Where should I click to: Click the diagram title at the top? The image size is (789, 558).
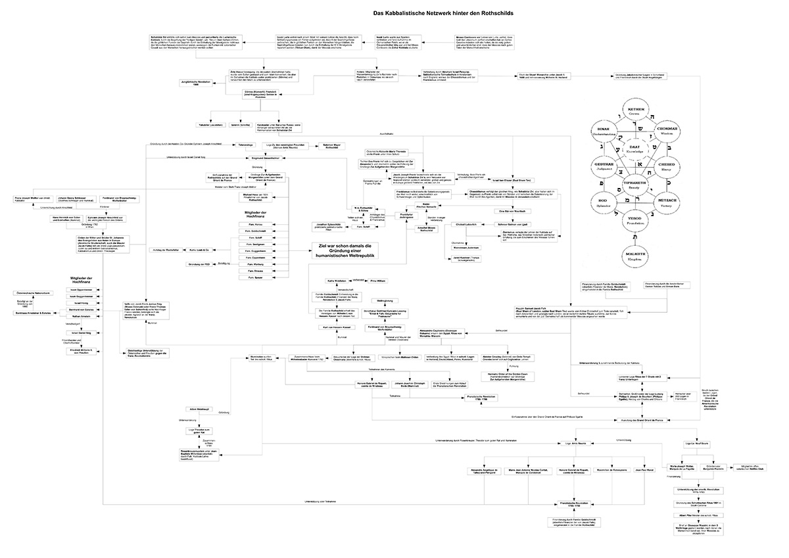[444, 12]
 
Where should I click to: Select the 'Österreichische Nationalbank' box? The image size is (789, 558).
[34, 292]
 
